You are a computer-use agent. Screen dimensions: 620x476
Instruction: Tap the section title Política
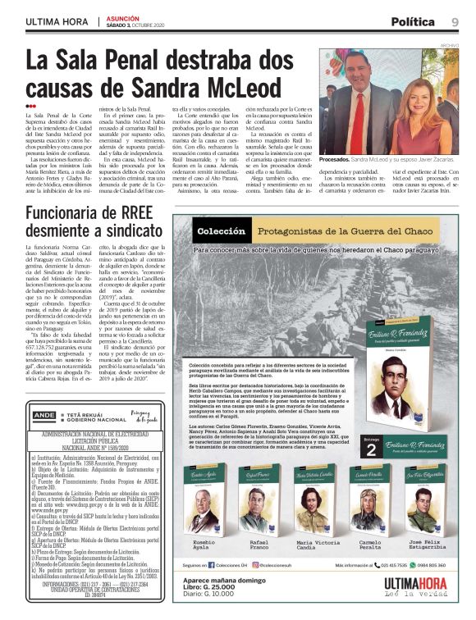pyautogui.click(x=413, y=21)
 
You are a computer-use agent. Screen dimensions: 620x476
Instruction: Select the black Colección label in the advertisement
pyautogui.click(x=222, y=230)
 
